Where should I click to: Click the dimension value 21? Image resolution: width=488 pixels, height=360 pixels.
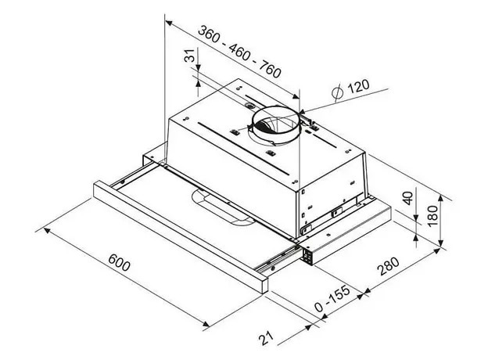267,338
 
